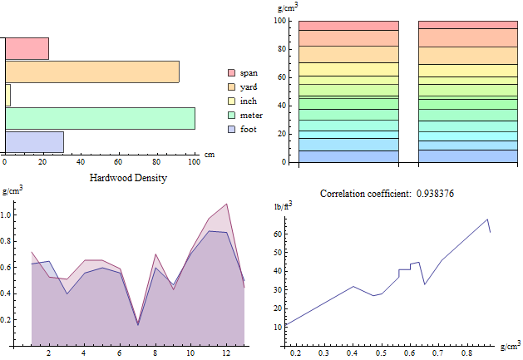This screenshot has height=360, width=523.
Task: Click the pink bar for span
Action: pyautogui.click(x=27, y=48)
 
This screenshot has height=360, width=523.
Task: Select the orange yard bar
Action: pyautogui.click(x=91, y=72)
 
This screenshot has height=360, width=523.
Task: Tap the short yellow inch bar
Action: pyautogui.click(x=7, y=95)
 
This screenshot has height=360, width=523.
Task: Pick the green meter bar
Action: pyautogui.click(x=100, y=118)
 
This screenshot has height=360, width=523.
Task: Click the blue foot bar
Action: pyautogui.click(x=34, y=141)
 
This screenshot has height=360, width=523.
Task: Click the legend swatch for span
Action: pyautogui.click(x=232, y=73)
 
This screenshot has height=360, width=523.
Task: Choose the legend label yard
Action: pyautogui.click(x=249, y=87)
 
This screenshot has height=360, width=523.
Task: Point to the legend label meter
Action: pyautogui.click(x=251, y=116)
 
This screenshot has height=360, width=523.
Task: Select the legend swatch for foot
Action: pyautogui.click(x=232, y=130)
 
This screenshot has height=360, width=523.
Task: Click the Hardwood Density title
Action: pyautogui.click(x=127, y=178)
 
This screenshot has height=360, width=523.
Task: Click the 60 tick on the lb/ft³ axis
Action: pyautogui.click(x=279, y=235)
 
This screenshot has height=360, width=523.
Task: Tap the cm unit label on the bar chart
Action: pyautogui.click(x=210, y=155)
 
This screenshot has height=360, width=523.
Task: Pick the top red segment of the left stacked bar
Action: pyautogui.click(x=348, y=26)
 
